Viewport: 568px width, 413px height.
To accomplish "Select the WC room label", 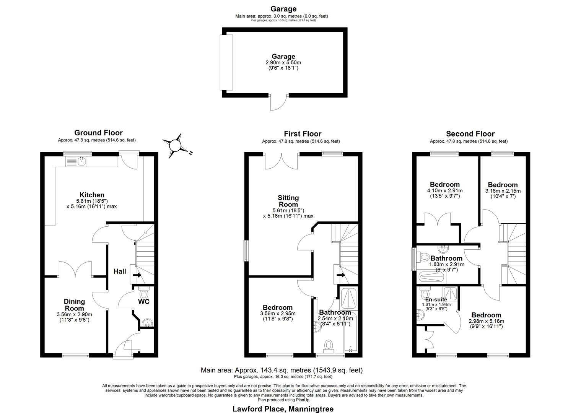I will point(143,302).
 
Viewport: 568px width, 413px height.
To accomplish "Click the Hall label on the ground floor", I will point(120,272).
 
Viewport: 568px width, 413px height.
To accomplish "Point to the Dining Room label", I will point(74,305).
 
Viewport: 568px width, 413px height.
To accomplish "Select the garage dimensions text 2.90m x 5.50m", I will point(283,63).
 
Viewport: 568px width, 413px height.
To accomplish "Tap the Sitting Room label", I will point(288,201).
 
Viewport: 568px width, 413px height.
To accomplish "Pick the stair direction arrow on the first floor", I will point(341,275).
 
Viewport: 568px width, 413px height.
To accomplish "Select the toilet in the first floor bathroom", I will point(329,345).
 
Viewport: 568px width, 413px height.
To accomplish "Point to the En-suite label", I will point(436,299).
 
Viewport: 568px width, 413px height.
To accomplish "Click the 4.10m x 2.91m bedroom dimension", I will point(444,190).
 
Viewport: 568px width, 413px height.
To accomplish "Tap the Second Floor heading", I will point(470,134).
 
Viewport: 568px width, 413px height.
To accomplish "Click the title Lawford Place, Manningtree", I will point(283,409).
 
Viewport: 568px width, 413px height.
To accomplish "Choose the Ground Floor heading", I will point(98,133).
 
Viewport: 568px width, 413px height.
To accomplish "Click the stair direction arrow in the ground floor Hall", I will point(137,275).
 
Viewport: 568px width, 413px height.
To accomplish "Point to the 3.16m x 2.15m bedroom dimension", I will point(503,191).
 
